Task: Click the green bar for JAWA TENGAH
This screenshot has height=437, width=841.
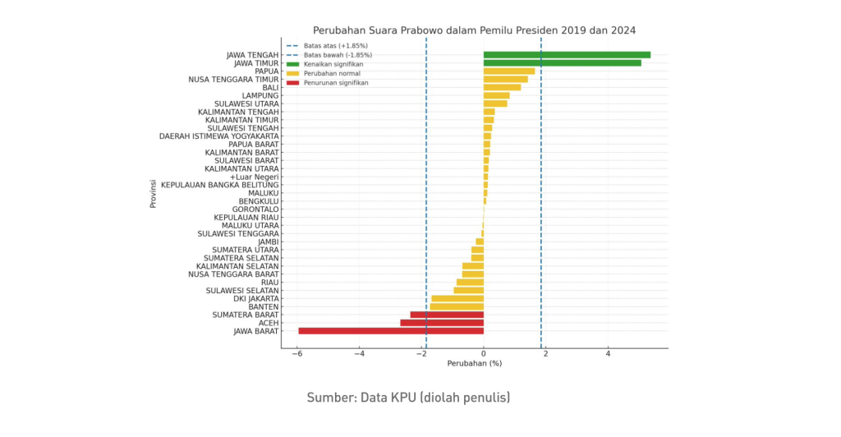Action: point(567,55)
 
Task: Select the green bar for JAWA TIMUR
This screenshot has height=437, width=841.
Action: point(562,62)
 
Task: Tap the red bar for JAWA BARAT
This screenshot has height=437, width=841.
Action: point(391,331)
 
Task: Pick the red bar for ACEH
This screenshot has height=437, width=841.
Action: point(442,323)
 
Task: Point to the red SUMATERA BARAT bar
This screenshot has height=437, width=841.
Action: point(447,315)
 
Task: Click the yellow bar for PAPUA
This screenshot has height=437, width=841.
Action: point(509,71)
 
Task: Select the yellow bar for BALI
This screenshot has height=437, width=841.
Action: point(502,87)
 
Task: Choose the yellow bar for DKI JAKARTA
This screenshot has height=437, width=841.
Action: point(457,298)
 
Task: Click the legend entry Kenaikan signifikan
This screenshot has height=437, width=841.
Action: point(333,64)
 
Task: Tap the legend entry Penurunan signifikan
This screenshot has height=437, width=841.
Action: point(336,83)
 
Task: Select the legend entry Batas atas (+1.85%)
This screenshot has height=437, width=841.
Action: point(335,45)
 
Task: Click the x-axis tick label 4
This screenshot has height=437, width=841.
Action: point(609,354)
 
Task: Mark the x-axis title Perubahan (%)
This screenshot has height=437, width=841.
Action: point(474,363)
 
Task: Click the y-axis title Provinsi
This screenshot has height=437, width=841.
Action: point(154,193)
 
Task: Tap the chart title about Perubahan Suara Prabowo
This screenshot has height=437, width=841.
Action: point(474,30)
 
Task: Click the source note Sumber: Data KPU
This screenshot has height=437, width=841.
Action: point(408,398)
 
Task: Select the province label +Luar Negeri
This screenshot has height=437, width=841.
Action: point(255,177)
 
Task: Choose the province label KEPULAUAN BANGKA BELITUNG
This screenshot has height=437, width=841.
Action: point(220,185)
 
